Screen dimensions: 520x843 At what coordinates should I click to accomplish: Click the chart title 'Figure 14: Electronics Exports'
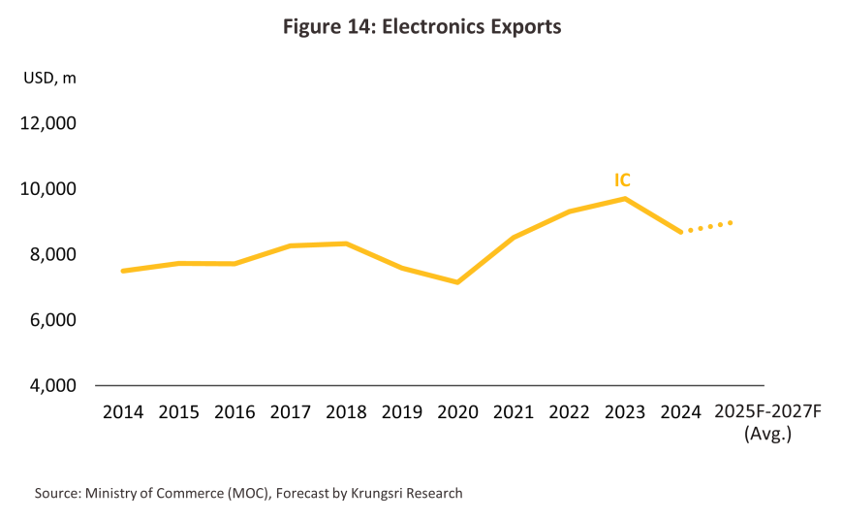point(421,27)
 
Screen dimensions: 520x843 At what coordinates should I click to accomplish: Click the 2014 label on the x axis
point(123,412)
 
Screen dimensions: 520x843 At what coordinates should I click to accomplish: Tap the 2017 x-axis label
point(290,412)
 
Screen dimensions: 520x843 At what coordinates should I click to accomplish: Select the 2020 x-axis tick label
point(457,412)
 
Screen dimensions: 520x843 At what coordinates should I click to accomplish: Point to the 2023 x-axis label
point(625,412)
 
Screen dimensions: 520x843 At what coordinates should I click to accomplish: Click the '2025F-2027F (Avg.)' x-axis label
point(767,423)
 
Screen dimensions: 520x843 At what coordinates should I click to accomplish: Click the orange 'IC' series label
point(622,180)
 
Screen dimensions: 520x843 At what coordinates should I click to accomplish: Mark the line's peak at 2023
point(625,199)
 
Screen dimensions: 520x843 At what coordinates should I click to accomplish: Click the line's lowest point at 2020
point(457,282)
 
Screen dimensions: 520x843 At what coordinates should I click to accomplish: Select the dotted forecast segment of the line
point(709,226)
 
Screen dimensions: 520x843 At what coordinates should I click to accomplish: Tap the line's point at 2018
point(346,244)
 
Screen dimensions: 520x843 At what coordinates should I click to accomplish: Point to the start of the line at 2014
point(123,271)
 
